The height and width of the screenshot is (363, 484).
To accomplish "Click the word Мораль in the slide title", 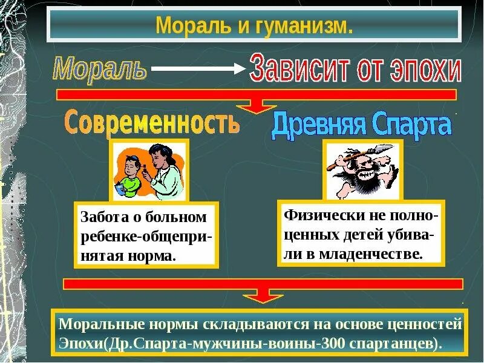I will pos(182,26).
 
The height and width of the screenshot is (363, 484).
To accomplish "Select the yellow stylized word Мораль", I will pos(99,68).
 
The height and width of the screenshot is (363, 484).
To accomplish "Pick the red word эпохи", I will pos(423,70).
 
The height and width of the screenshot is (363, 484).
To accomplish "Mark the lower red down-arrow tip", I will pos(263,299).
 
